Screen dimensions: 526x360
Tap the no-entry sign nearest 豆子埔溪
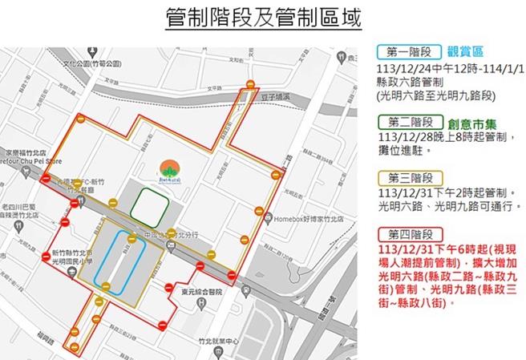click(x=251, y=85)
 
